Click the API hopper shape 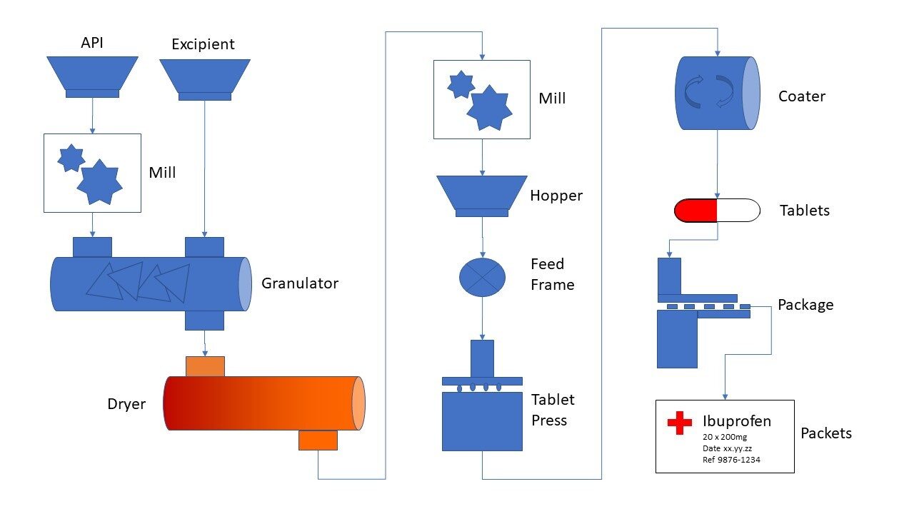[92, 74]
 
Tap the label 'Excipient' [203, 44]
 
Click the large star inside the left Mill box [99, 182]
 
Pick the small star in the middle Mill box [461, 85]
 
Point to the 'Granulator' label [299, 283]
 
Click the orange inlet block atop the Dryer [205, 366]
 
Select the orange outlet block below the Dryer [318, 440]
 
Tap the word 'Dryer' [126, 404]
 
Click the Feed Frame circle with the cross [482, 277]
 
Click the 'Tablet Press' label [553, 410]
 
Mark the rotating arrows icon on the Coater [709, 93]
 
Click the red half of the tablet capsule [695, 211]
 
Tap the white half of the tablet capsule [738, 211]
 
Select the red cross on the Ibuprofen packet [680, 423]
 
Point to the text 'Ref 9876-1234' [731, 460]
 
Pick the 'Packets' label [826, 433]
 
